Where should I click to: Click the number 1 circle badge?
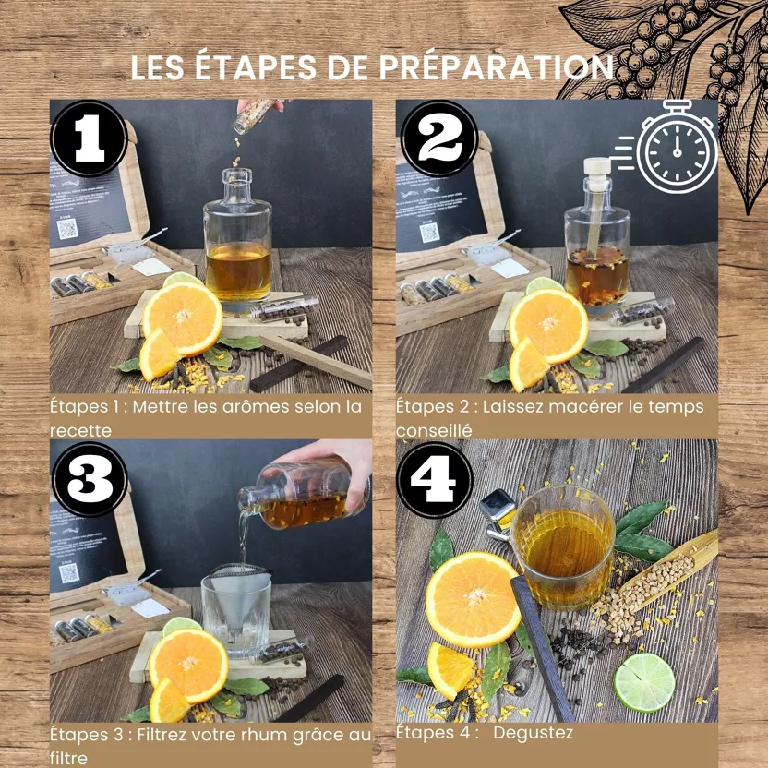(90, 138)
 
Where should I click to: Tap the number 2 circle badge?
(438, 138)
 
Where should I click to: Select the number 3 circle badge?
(90, 479)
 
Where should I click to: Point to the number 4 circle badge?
(435, 479)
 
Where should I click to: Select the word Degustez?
(533, 733)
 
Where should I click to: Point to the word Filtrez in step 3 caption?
(163, 735)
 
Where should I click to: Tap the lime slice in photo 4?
(644, 682)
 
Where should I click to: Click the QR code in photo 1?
(67, 228)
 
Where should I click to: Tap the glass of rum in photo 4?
(563, 546)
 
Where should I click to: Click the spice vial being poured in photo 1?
(253, 115)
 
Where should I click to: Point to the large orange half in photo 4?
(474, 599)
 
